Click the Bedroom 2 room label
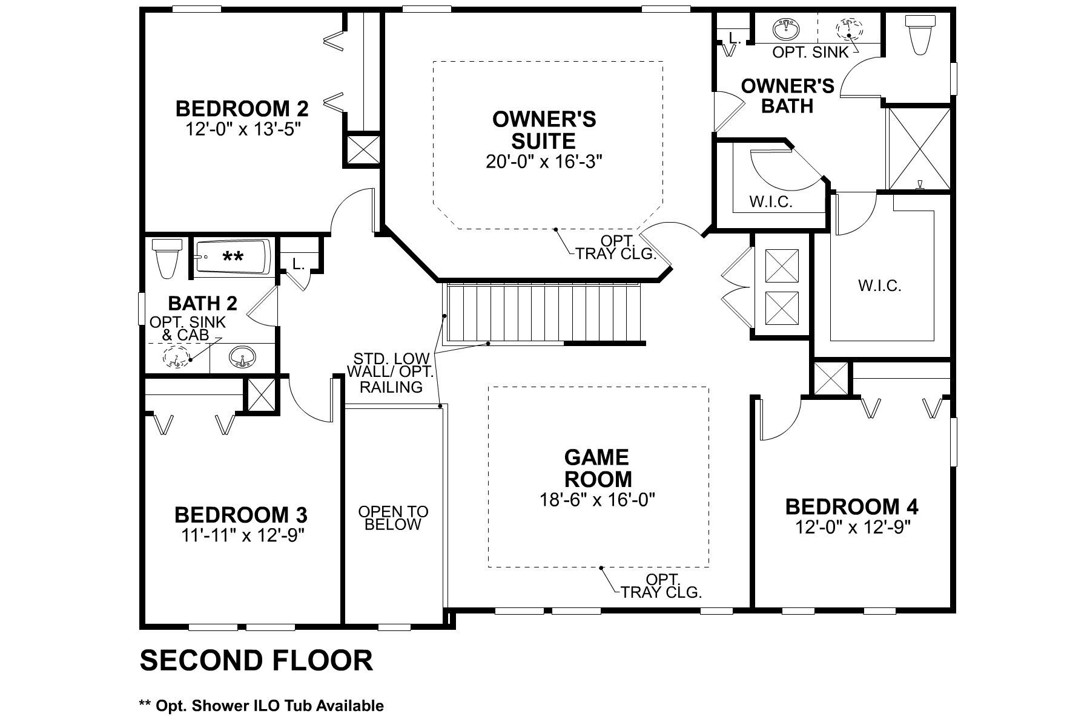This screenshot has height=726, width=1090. click(x=242, y=109)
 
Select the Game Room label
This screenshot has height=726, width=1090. click(x=598, y=468)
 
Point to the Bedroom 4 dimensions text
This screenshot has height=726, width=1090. click(x=852, y=528)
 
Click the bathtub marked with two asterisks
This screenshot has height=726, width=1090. click(x=233, y=257)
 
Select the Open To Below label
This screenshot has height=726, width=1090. click(x=393, y=518)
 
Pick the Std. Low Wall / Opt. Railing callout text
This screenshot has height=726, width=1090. click(x=391, y=373)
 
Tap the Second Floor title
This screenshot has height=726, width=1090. click(x=256, y=661)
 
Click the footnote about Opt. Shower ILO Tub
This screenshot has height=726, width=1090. click(x=261, y=705)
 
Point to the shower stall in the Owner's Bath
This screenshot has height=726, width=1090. click(x=918, y=148)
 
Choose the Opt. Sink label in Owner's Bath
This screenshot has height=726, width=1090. click(x=811, y=53)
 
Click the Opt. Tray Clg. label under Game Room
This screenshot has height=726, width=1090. click(x=661, y=586)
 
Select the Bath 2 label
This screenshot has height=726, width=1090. click(x=202, y=303)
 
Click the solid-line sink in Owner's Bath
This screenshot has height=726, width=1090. click(x=787, y=28)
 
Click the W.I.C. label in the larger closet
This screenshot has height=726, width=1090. click(x=880, y=286)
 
